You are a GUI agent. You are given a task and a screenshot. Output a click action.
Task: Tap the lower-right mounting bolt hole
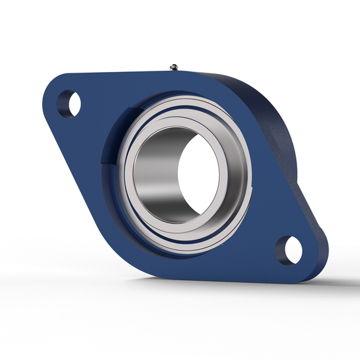(290, 249)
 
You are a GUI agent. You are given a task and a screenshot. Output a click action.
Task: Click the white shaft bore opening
(196, 170)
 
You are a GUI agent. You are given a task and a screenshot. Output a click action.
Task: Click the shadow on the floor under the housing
(196, 288)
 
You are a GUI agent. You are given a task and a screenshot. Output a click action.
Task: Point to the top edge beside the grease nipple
(196, 72)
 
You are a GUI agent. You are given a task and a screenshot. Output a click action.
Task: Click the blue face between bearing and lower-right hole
(255, 229)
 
